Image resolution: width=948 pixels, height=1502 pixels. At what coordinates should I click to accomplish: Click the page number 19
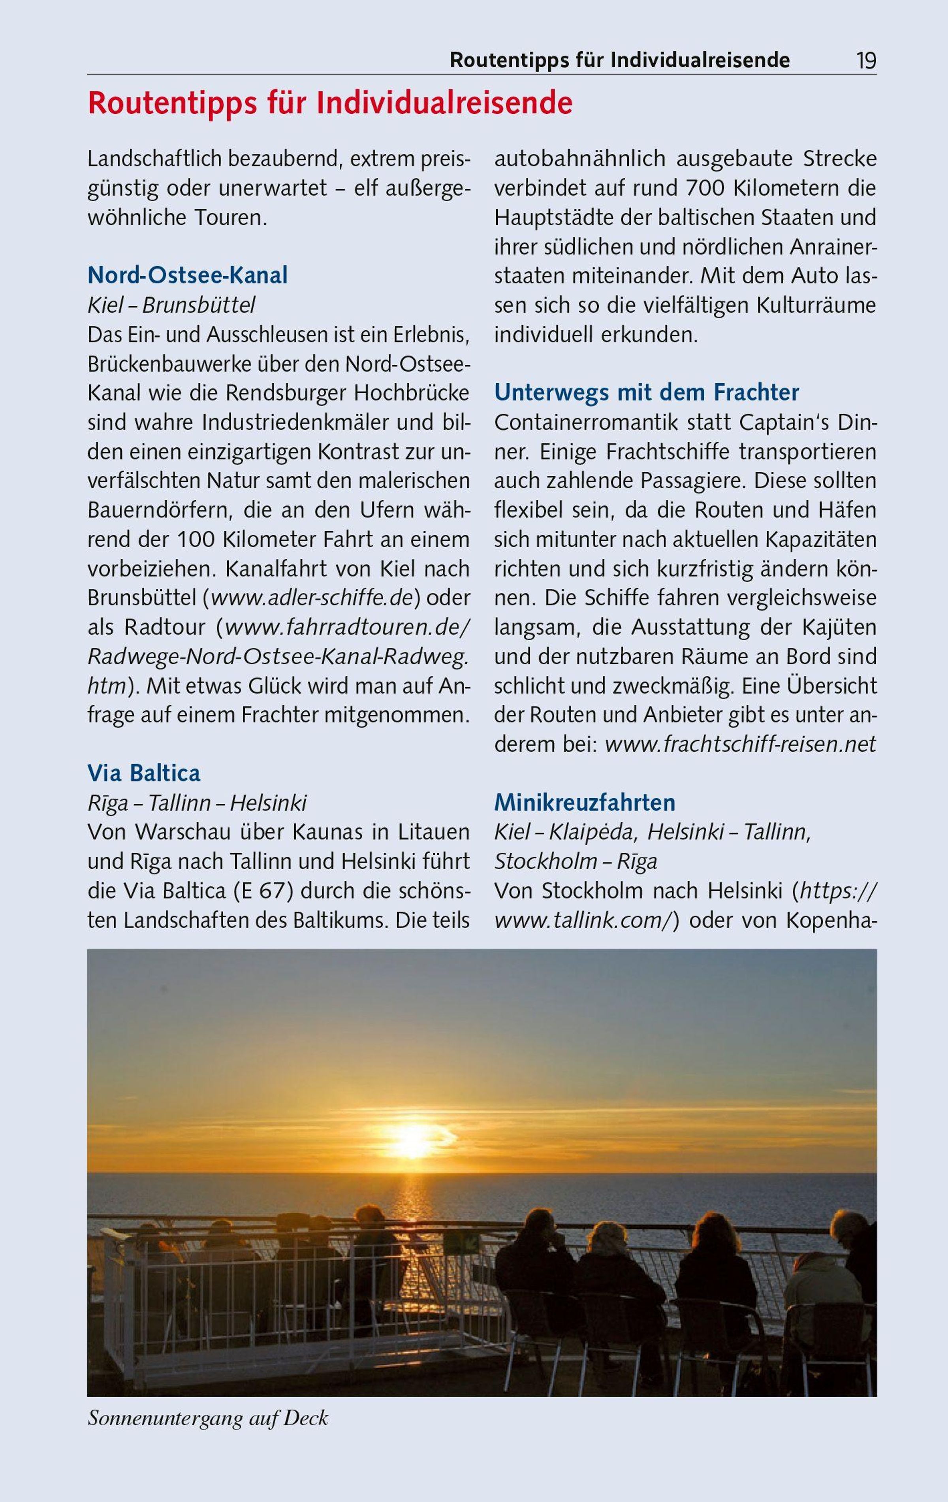[866, 60]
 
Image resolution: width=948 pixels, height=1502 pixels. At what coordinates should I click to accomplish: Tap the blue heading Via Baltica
[144, 773]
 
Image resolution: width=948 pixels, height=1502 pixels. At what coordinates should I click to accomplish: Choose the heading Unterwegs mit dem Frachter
[647, 393]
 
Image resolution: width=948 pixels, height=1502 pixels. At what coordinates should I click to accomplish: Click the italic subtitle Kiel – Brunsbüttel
[171, 305]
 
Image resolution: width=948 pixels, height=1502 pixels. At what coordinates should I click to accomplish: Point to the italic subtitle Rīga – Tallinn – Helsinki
[197, 803]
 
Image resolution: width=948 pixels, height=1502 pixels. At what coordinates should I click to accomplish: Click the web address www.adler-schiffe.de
[312, 597]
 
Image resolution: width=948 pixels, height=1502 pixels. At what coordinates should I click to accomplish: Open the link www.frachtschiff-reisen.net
[740, 744]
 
